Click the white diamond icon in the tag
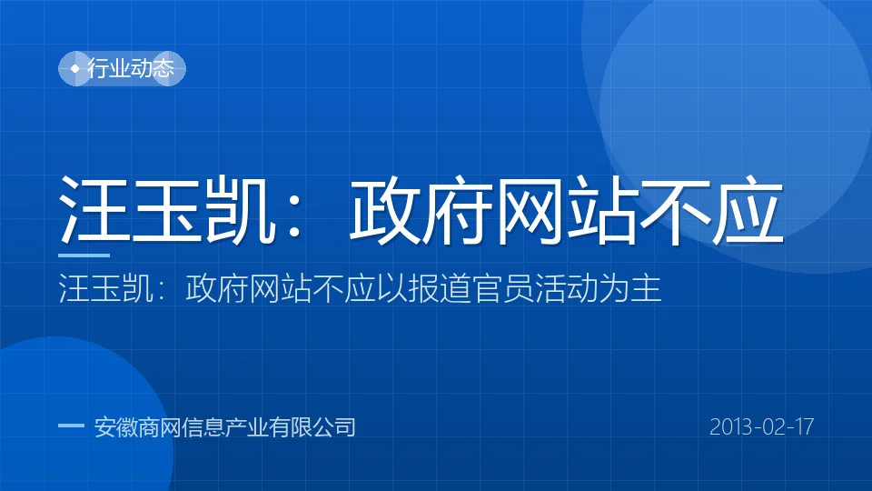(75, 68)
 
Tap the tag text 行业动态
(131, 68)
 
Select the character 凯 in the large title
(240, 209)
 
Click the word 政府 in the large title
(421, 209)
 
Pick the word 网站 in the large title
(566, 209)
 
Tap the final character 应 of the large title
(748, 209)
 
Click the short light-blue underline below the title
(84, 256)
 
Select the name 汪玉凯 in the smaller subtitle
(105, 288)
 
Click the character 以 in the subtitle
(391, 288)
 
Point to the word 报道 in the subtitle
(440, 288)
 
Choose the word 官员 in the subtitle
(502, 288)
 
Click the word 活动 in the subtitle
(566, 288)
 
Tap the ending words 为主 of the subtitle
(630, 288)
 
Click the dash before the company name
(71, 426)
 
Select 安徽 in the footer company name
(115, 427)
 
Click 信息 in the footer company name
(203, 427)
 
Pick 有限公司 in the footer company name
(312, 427)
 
